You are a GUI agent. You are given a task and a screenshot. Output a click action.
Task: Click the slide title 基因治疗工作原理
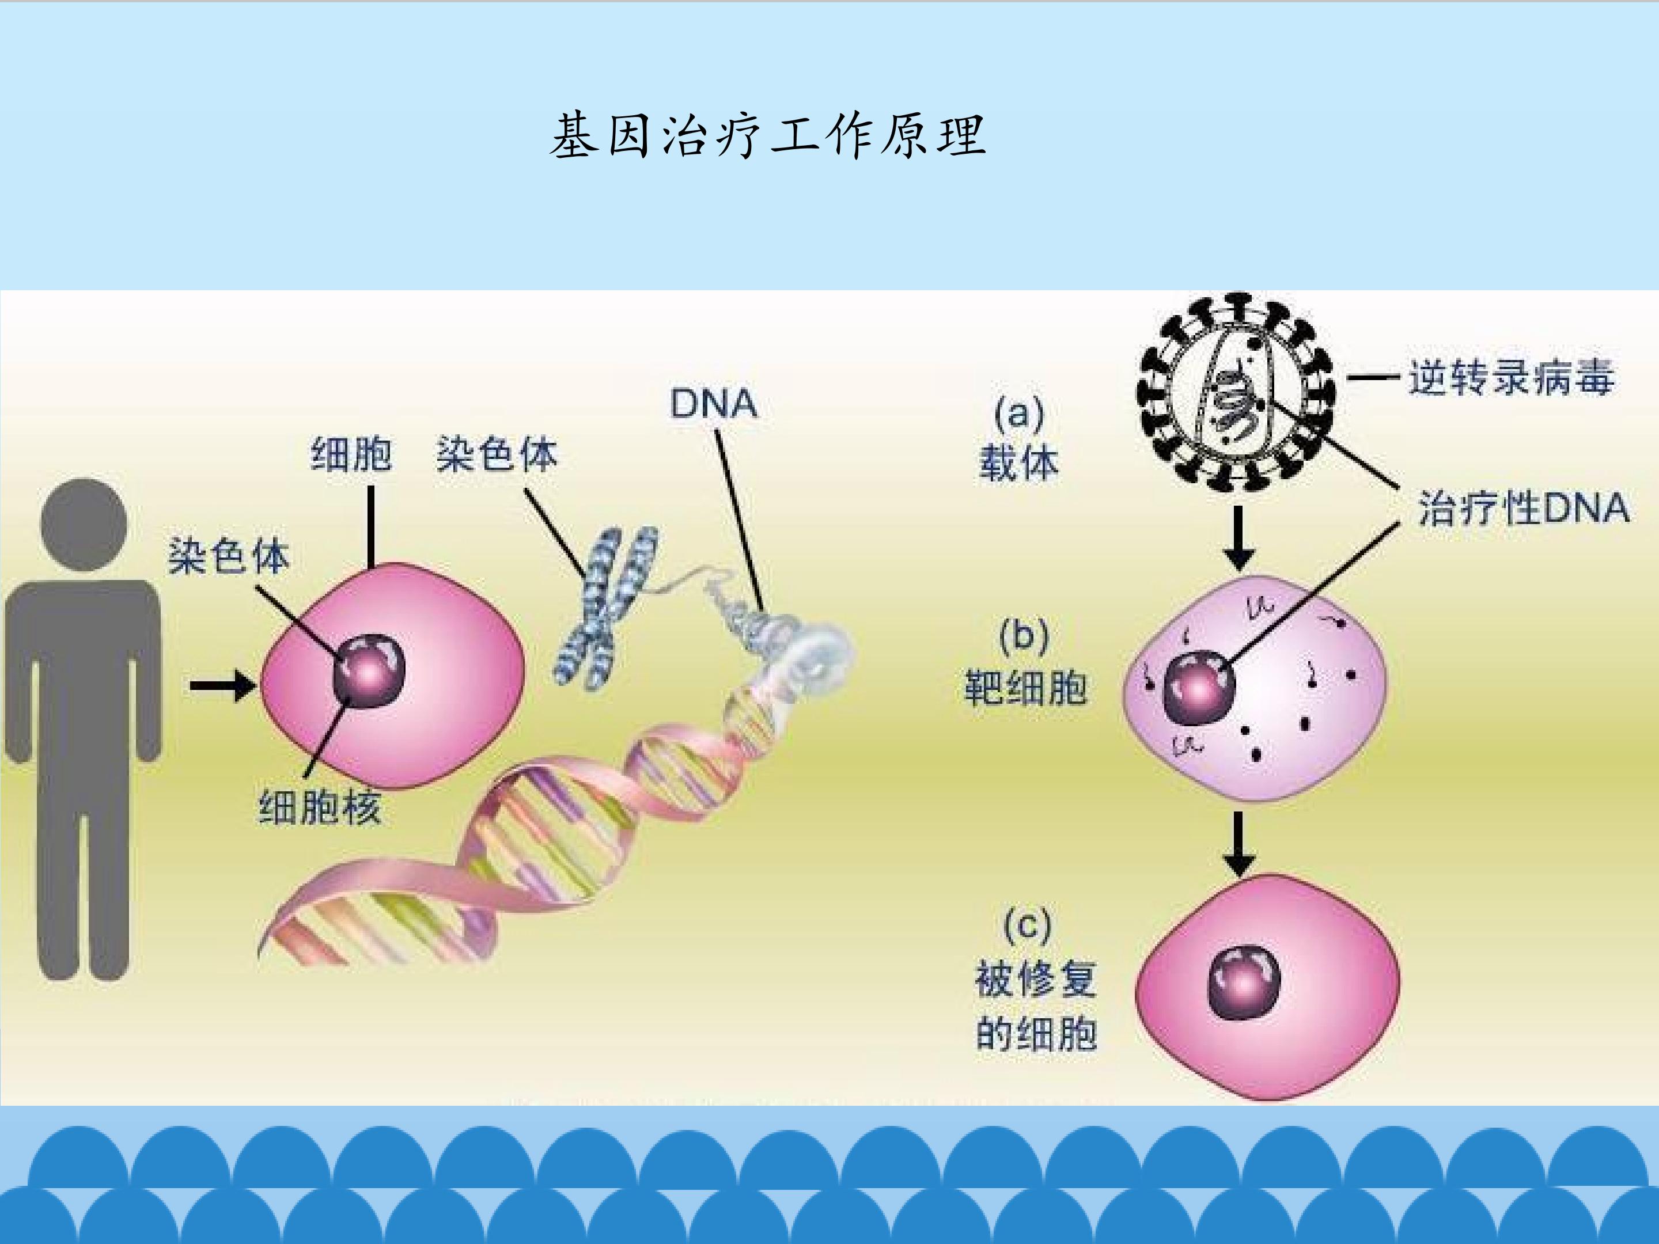[767, 136]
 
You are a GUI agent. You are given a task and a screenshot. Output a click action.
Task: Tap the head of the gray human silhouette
[84, 525]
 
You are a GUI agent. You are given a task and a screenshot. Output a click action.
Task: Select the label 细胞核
[320, 807]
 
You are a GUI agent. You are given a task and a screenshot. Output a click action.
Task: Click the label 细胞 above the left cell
[350, 454]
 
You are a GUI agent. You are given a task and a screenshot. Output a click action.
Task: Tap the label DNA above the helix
[713, 404]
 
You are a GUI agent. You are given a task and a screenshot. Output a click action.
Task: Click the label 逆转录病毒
[1510, 377]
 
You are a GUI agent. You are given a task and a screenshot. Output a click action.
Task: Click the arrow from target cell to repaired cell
[1238, 844]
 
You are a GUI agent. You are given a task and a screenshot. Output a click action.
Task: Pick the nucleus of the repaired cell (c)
[1244, 983]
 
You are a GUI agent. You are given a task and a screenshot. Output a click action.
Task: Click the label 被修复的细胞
[1036, 1006]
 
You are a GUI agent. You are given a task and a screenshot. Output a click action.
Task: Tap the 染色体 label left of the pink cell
[229, 556]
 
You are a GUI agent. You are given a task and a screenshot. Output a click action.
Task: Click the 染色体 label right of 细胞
[497, 454]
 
